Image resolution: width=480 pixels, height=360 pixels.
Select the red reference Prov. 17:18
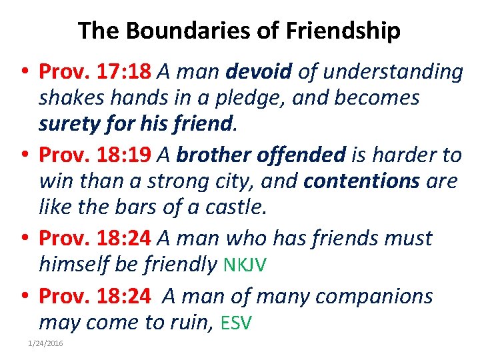[x=95, y=71]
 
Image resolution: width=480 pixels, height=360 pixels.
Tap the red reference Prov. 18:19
[x=95, y=155]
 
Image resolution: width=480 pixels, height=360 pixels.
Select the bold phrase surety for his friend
[x=137, y=124]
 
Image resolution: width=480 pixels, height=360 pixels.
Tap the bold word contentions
[x=361, y=182]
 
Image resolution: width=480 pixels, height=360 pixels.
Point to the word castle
[x=236, y=208]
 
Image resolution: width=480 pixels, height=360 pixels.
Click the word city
[x=249, y=182]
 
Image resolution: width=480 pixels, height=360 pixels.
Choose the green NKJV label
[x=245, y=265]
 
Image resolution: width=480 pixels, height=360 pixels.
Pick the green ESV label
[x=236, y=324]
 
